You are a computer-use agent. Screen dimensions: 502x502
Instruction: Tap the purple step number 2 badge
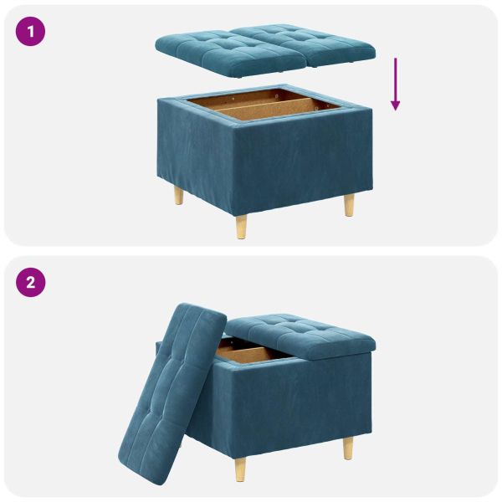[x=31, y=282]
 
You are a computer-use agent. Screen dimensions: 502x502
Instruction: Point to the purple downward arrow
[x=395, y=84]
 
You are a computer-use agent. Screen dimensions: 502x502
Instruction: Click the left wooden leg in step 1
[x=178, y=196]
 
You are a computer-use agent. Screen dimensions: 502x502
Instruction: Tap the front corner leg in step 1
[x=242, y=225]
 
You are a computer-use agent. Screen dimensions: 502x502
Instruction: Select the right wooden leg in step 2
[x=348, y=448]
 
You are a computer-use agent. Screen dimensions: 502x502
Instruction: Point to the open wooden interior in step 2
[x=251, y=355]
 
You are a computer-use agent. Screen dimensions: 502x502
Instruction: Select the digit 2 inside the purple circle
[x=31, y=282]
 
